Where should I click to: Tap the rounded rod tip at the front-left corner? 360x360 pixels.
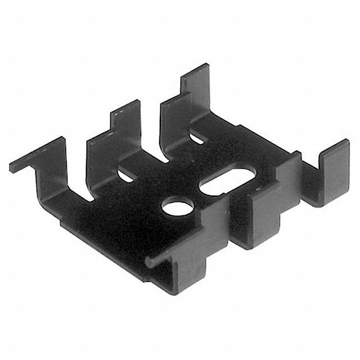coord(148,263)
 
